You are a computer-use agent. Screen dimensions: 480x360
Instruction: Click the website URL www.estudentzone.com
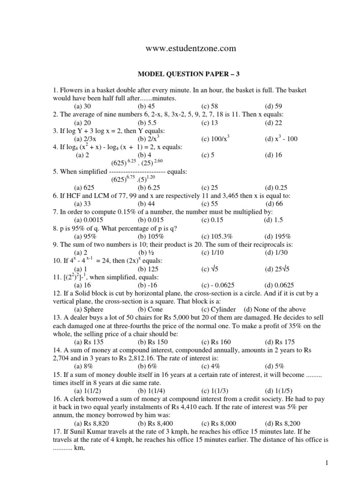190,48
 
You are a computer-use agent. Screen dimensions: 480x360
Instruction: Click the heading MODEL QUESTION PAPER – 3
190,74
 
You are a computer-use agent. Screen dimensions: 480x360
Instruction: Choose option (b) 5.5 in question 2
146,123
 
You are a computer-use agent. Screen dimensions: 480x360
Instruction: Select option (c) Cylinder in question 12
219,309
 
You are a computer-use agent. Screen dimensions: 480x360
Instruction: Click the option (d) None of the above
275,309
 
